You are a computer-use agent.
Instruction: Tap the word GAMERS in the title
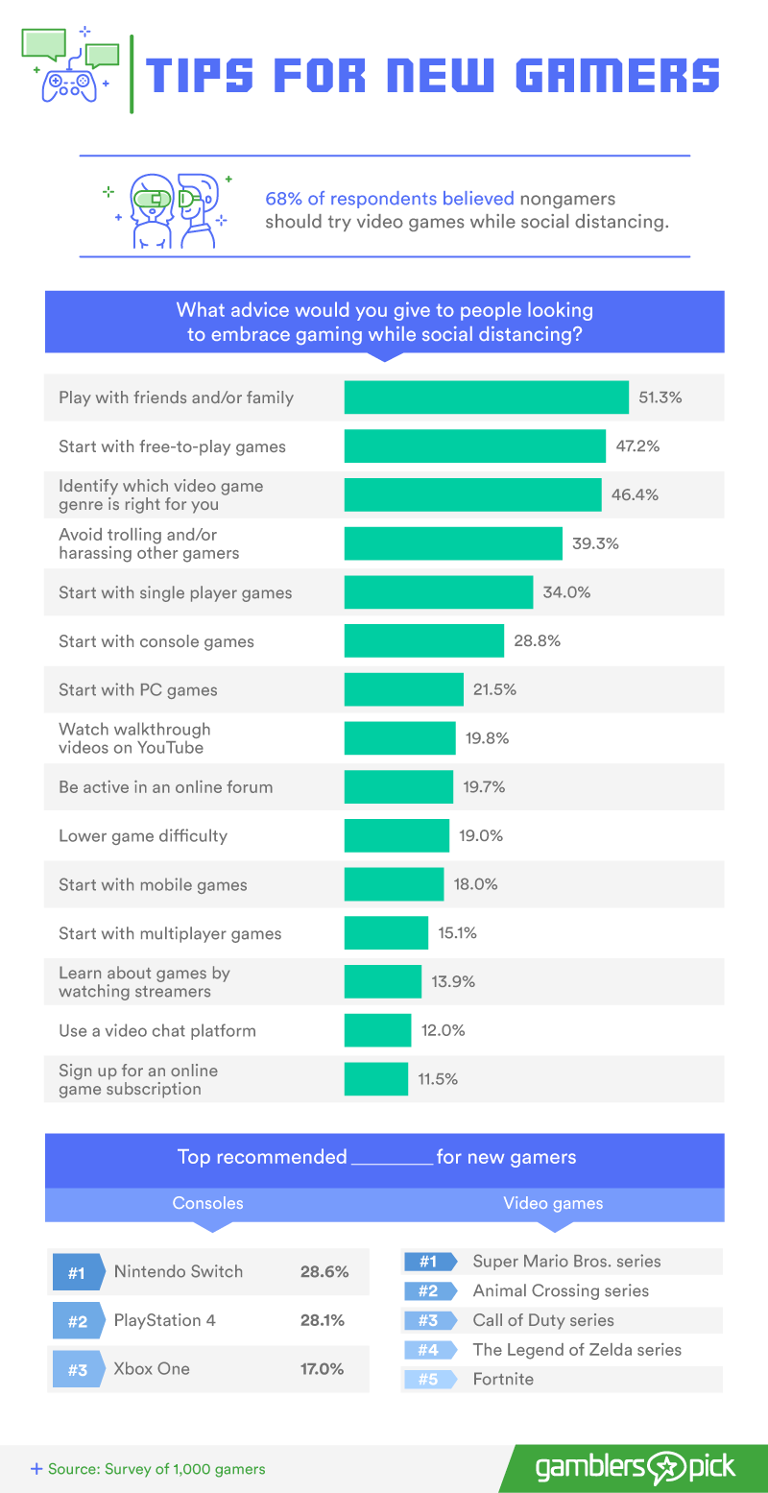coord(617,75)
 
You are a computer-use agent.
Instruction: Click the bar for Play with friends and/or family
coord(486,397)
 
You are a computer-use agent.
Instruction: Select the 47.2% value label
coord(637,445)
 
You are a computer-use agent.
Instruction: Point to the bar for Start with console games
coord(424,640)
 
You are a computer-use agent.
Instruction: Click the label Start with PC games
coord(138,689)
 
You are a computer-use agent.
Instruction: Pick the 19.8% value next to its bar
coord(487,737)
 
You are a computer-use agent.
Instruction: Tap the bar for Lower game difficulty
coord(396,835)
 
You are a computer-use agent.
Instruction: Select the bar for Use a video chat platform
coord(377,1030)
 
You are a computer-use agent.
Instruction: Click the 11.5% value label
coord(438,1079)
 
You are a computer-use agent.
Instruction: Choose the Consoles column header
coord(208,1203)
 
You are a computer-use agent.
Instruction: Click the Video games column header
coord(553,1203)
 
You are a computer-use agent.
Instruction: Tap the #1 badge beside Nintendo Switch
coord(79,1272)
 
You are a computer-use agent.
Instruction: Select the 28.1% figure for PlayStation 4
coord(322,1320)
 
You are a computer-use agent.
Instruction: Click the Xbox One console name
coord(152,1369)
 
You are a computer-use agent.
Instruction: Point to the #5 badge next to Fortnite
coord(430,1379)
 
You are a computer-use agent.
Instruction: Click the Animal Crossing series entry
coord(561,1290)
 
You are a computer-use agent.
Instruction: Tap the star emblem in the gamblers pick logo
coord(666,1468)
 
